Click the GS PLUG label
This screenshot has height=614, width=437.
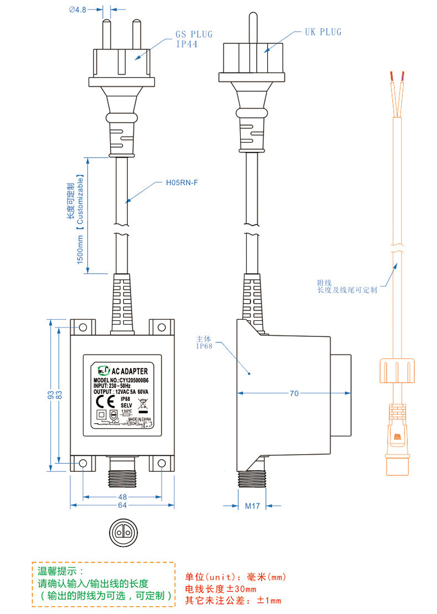(194, 34)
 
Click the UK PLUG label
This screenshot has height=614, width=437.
(323, 32)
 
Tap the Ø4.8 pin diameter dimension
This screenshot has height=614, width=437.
(77, 9)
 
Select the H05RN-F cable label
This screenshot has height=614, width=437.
(182, 182)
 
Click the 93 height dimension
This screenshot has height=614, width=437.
(50, 395)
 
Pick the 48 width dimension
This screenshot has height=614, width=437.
(122, 497)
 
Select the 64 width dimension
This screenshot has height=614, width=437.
(122, 505)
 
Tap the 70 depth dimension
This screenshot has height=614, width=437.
(294, 393)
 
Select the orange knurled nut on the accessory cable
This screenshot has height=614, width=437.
(396, 370)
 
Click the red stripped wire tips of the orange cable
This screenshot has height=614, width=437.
(397, 75)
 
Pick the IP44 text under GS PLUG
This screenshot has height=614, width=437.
(187, 44)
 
